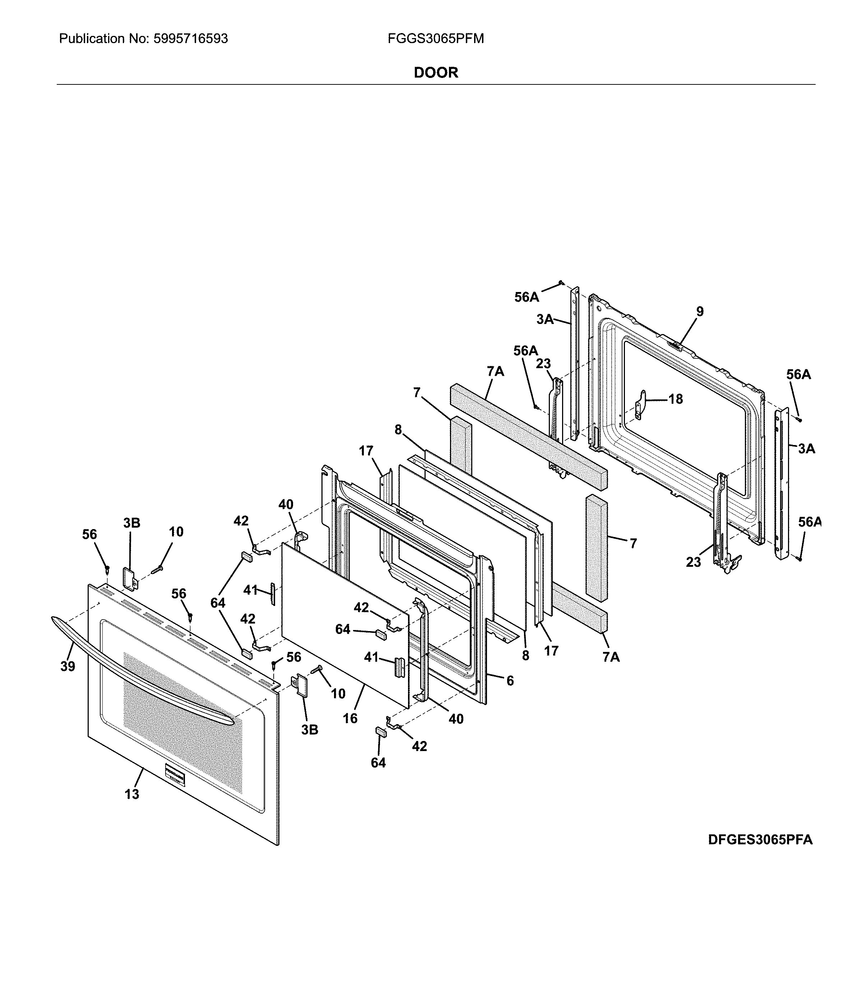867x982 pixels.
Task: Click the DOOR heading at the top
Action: tap(436, 73)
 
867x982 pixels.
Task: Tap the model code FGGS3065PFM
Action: tap(436, 39)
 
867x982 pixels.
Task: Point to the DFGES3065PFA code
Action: tap(760, 839)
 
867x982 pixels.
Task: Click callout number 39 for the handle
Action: tap(68, 666)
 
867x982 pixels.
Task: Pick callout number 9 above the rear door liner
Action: tap(700, 311)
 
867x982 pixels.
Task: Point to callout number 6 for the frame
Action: tap(510, 680)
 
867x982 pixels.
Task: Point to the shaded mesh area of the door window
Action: tap(182, 721)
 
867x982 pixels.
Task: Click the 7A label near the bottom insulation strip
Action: tap(611, 657)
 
